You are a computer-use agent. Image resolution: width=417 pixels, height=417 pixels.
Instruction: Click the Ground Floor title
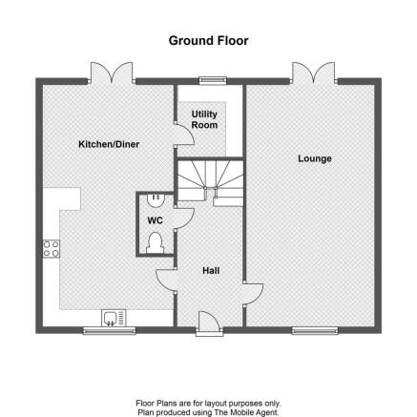tap(208, 41)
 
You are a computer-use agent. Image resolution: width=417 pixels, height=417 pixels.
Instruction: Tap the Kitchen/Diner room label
tap(109, 144)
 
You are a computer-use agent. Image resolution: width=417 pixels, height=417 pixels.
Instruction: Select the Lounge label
tap(315, 158)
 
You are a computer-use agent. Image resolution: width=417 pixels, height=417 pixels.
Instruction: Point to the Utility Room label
tap(204, 119)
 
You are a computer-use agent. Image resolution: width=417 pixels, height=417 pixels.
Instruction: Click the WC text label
tap(155, 220)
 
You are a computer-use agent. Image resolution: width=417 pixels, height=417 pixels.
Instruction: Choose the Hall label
tap(211, 271)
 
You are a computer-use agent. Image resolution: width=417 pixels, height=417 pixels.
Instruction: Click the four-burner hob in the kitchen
tap(52, 249)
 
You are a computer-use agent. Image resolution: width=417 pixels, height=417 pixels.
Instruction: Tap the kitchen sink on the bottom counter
tap(114, 318)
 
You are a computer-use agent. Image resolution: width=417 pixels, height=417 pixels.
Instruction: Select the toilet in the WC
tap(156, 243)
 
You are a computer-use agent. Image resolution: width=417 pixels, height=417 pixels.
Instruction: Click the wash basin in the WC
tap(156, 200)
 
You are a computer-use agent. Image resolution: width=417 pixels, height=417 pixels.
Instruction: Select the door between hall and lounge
tap(253, 294)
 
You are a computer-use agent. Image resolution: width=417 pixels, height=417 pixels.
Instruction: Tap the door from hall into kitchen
tap(166, 280)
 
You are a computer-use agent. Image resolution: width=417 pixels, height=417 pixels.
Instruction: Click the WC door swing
tap(184, 219)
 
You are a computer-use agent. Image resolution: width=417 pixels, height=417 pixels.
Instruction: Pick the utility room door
tap(184, 135)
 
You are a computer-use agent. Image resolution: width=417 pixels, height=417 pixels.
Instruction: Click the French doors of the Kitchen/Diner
tap(112, 73)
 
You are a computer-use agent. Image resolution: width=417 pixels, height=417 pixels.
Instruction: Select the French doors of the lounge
tap(314, 73)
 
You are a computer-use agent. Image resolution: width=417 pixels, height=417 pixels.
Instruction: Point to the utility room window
tap(213, 80)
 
